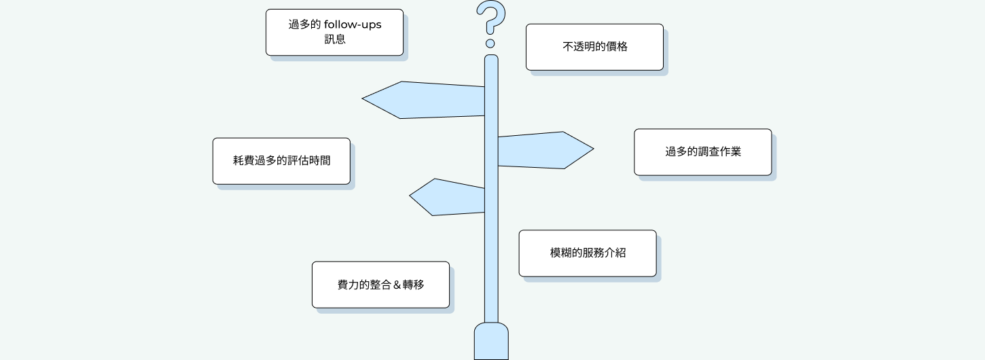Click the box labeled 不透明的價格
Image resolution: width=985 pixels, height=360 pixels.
pos(594,47)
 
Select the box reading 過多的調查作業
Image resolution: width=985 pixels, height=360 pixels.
pos(702,152)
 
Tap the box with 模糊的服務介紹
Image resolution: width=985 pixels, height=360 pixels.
pos(588,253)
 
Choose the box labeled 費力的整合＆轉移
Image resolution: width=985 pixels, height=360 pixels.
pos(381,285)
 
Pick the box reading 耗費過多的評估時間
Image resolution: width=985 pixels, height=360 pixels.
pos(281,161)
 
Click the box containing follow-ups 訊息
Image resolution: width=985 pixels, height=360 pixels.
pos(335,32)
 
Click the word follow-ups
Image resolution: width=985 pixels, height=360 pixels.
pos(353,24)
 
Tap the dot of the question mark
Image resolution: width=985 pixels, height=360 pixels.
pos(490,43)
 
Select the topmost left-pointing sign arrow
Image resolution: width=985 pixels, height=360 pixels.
pos(423,100)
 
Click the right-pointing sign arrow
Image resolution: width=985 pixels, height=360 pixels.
pos(545,150)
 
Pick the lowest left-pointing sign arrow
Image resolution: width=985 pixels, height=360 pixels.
pos(447,197)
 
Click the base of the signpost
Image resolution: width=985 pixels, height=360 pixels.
pos(491,342)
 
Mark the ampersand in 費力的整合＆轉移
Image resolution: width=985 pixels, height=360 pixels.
pos(397,285)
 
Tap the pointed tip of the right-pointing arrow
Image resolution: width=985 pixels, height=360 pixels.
pos(594,149)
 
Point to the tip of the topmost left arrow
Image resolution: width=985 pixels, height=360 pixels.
pos(362,98)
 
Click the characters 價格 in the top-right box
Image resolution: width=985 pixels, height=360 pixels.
pos(617,47)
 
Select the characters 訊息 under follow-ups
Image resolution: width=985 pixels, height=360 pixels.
pos(335,39)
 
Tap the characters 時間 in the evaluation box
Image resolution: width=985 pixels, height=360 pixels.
pos(320,160)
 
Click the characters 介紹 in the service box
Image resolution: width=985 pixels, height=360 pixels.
pos(615,253)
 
